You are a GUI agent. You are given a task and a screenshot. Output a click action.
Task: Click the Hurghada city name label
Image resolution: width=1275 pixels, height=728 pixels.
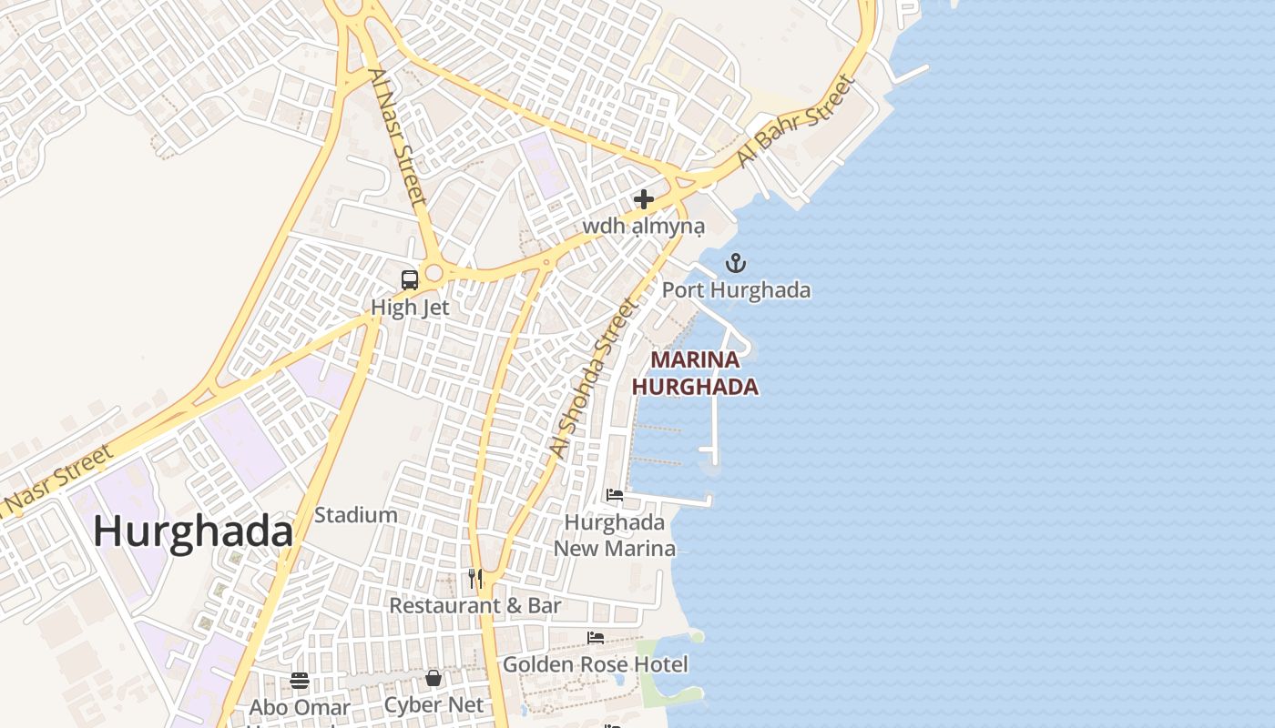(x=193, y=532)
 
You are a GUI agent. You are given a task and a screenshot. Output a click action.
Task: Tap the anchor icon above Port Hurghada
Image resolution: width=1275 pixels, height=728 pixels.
(x=735, y=264)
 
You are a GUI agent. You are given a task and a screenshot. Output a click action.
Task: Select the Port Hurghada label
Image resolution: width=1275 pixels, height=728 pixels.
(x=736, y=291)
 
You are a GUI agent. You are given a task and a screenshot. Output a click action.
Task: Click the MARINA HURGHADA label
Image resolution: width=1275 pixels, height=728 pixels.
(x=695, y=374)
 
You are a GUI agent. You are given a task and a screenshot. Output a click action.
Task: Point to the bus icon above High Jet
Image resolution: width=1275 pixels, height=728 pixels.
(x=410, y=280)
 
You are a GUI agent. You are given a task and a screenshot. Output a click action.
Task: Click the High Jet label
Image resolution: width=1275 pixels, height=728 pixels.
(x=410, y=308)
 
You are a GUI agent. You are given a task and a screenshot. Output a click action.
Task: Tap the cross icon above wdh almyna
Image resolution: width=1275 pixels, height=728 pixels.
(x=644, y=199)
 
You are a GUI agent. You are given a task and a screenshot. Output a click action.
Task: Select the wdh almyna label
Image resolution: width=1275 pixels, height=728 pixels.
(x=644, y=226)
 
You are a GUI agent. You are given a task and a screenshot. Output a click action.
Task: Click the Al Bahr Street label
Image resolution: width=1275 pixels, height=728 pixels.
(x=796, y=121)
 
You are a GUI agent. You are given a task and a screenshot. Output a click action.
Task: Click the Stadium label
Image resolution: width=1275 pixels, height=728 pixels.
(x=356, y=515)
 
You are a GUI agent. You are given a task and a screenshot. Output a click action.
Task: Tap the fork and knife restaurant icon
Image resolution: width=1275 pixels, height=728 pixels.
(x=475, y=579)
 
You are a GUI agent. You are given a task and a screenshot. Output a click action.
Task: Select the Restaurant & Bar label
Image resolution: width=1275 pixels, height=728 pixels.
(x=475, y=605)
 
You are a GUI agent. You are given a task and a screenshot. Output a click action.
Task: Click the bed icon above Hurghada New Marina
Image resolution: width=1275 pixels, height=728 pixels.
(x=616, y=496)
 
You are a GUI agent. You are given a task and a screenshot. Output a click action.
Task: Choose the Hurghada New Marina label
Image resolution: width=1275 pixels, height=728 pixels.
(x=616, y=536)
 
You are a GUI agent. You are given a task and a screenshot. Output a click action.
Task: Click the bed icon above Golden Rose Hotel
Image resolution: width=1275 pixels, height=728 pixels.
(x=596, y=638)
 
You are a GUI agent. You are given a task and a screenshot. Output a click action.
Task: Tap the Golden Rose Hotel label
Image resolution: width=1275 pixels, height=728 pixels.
(x=596, y=664)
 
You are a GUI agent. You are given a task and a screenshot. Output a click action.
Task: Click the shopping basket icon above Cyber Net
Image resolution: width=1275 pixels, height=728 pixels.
(x=433, y=679)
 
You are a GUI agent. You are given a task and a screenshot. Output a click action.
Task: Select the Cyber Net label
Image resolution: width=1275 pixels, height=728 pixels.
(x=433, y=705)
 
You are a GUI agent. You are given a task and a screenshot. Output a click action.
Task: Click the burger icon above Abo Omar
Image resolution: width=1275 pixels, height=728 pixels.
(x=300, y=681)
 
